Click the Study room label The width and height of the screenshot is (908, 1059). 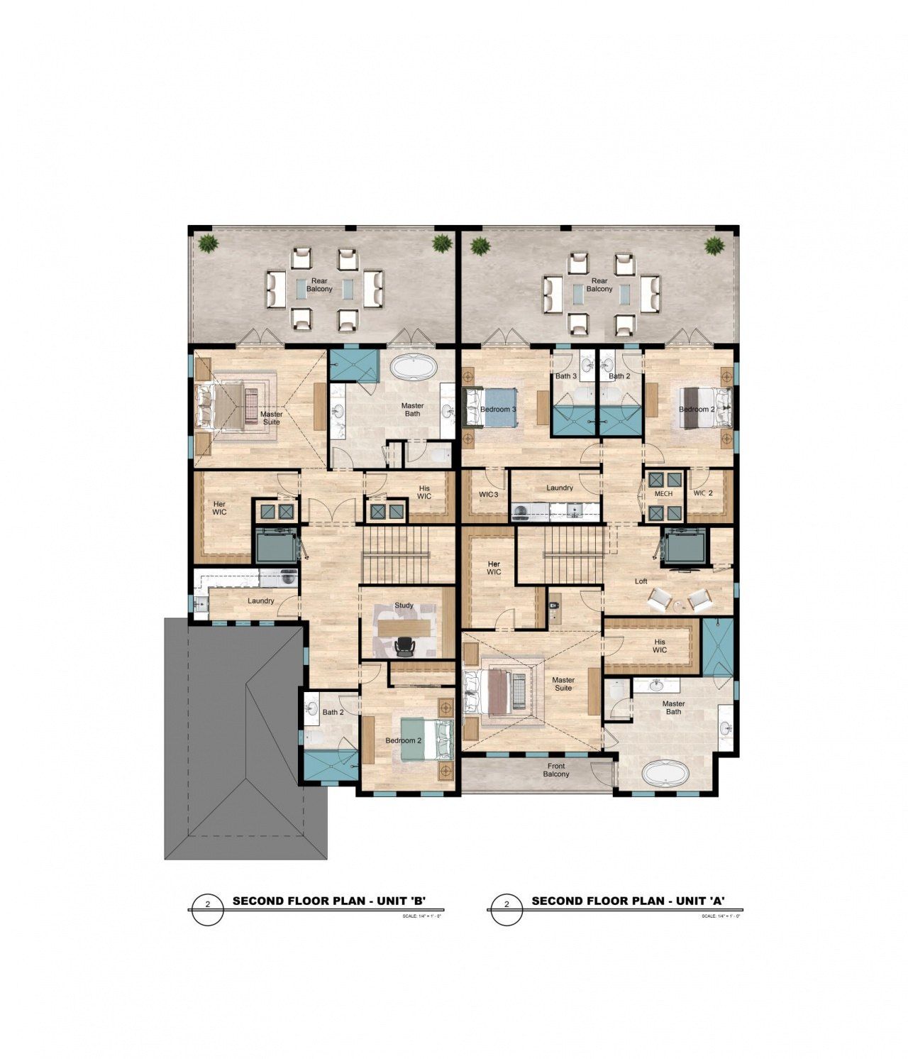tap(404, 605)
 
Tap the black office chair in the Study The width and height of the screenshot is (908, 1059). tap(404, 645)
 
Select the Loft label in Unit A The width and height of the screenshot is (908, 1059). tap(641, 581)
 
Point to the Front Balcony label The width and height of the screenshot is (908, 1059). tap(556, 770)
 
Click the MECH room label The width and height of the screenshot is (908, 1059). tap(663, 493)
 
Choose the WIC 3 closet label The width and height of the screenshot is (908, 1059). tap(489, 494)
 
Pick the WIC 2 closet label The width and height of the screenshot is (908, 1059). tap(703, 493)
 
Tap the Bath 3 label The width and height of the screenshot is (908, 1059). tap(566, 376)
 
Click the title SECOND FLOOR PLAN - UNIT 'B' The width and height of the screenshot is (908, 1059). tap(329, 901)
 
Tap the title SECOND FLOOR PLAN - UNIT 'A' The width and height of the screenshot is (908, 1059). tap(628, 901)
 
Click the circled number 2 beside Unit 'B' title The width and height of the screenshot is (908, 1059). tap(208, 905)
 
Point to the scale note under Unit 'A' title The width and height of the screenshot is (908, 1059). tap(721, 916)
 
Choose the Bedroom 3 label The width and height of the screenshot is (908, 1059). tap(498, 410)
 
